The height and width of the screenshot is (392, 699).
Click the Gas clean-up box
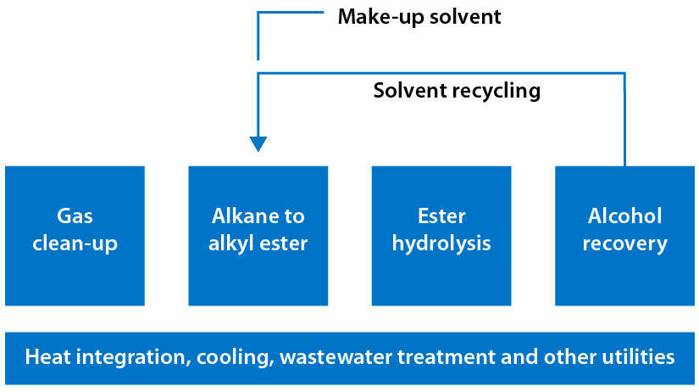pos(75,235)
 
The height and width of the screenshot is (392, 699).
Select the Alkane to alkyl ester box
pos(258,235)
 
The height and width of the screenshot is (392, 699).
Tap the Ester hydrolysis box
pos(441,235)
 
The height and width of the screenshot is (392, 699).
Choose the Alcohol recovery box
pos(624,235)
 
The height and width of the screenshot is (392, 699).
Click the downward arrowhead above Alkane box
pos(258,143)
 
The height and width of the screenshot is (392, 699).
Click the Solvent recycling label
pos(457,90)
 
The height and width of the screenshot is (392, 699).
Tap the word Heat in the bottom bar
pos(47,357)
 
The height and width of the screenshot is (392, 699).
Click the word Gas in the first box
pos(75,216)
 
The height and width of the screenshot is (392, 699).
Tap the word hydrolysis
pos(441,244)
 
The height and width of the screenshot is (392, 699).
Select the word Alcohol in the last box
pos(624,216)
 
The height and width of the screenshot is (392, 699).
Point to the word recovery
pos(624,244)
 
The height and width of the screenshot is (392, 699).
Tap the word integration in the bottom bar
pos(131,357)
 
